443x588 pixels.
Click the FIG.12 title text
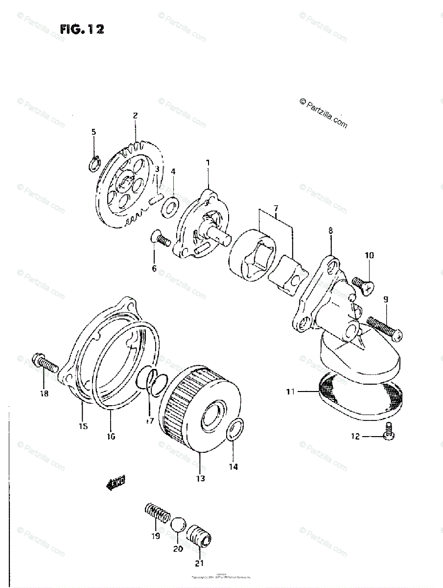tap(82, 29)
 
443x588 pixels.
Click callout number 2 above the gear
tap(135, 116)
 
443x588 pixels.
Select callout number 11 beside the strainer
tap(291, 392)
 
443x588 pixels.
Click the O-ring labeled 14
tap(234, 430)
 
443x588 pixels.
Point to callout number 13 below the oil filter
tap(200, 478)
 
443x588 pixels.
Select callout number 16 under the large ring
tap(111, 436)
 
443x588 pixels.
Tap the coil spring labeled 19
tap(158, 515)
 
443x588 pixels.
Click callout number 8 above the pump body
tap(330, 229)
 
